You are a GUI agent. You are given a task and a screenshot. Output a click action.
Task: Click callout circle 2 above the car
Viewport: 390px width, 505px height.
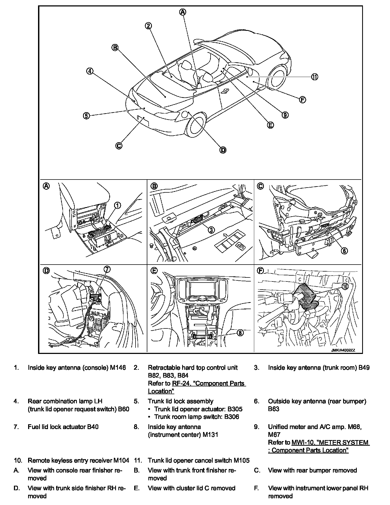(x=148, y=26)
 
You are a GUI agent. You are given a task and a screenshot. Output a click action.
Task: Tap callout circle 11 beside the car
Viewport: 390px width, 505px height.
(x=314, y=77)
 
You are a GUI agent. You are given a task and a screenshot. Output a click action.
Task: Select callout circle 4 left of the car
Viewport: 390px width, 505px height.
(x=90, y=71)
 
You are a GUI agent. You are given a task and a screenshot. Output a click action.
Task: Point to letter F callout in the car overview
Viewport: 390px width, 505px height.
(x=302, y=100)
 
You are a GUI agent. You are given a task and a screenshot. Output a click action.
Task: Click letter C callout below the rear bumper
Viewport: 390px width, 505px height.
(x=119, y=145)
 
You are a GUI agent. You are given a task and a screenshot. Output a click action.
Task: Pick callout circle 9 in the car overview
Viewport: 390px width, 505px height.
(x=285, y=115)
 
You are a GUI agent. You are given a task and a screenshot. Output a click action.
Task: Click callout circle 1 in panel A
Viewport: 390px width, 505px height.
(x=117, y=205)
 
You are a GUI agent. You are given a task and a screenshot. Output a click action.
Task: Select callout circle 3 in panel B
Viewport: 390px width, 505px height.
(x=211, y=230)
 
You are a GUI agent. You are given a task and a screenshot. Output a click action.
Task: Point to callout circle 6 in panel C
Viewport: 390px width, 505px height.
(x=344, y=251)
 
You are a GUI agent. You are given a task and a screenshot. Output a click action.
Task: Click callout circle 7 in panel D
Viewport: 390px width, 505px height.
(x=107, y=269)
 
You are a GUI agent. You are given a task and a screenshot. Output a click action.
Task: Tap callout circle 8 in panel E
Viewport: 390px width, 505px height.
(x=240, y=333)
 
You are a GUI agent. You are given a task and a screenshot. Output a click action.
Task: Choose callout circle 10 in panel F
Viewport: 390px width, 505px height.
(x=345, y=287)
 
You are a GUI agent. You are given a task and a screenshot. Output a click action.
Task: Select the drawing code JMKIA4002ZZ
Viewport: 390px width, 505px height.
(x=343, y=350)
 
